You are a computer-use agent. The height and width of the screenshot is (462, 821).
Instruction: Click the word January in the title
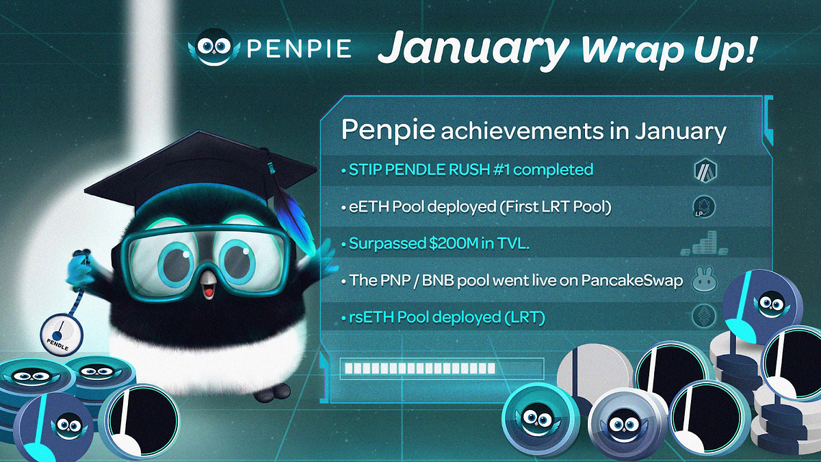474,50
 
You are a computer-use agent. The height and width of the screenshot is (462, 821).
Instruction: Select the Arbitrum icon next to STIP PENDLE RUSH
705,170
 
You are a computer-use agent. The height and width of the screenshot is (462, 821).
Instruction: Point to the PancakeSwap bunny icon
705,281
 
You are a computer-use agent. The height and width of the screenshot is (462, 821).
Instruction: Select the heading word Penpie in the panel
388,130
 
